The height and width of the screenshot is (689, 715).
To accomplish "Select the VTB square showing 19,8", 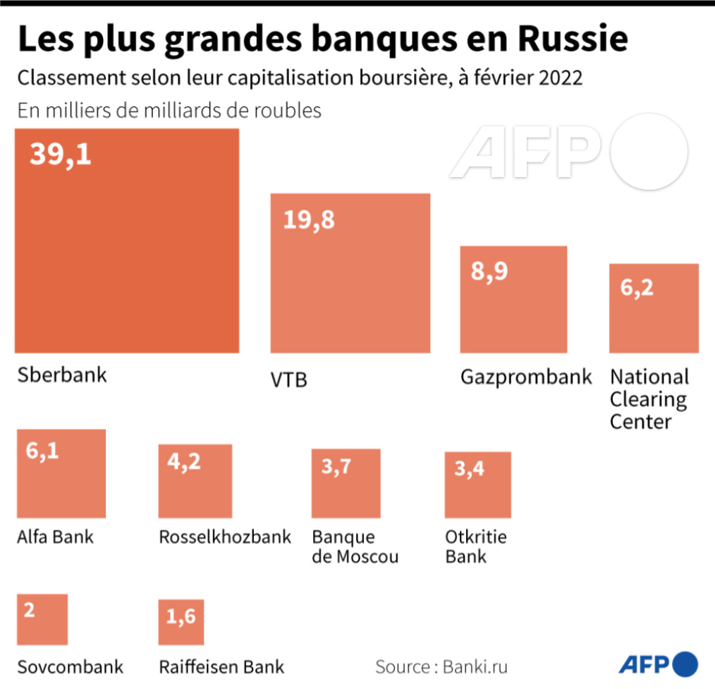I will pos(350,273).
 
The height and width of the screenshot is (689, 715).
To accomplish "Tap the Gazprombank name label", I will pos(526,377).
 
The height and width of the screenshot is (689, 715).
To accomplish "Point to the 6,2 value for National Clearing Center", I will pos(637,288).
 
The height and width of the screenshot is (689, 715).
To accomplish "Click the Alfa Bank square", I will pos(61,474).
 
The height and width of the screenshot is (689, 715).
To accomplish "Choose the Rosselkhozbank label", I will pos(225,537).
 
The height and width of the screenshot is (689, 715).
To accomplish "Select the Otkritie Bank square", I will pos(477,485).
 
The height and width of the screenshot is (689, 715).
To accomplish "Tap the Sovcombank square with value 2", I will pos(42,619).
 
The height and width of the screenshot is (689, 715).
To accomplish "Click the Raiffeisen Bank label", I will pos(221,666).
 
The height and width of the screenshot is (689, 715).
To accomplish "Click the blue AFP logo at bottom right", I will pos(659,664).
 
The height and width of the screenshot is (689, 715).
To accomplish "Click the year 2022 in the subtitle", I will pos(561,78).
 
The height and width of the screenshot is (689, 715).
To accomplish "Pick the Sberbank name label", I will pos(62,374).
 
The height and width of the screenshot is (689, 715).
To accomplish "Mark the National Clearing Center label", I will pos(649,399).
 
